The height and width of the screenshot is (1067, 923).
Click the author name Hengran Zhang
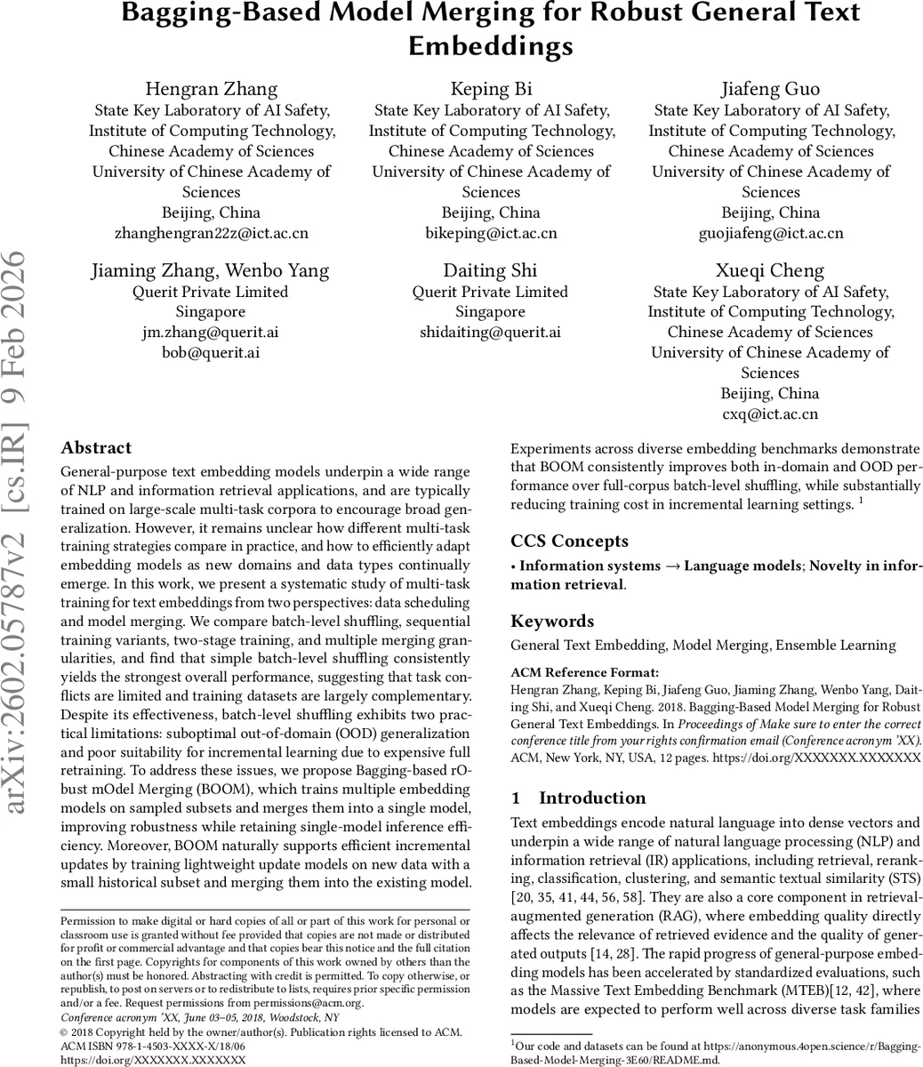211,89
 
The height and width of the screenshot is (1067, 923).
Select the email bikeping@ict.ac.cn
491,233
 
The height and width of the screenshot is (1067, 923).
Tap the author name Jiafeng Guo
770,89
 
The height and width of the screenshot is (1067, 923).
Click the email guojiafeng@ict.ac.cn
770,233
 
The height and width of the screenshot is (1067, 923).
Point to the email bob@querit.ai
211,353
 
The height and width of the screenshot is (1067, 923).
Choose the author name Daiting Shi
490,270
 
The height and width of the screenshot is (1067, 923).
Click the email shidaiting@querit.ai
490,333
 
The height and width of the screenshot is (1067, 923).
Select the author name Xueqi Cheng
770,270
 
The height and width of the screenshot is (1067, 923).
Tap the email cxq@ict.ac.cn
770,414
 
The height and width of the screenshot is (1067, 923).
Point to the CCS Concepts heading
569,542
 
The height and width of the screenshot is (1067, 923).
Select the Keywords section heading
552,622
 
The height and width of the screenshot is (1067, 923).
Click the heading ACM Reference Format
585,672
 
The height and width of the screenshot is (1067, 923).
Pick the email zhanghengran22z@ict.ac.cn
211,233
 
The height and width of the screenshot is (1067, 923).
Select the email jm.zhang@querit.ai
211,333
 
